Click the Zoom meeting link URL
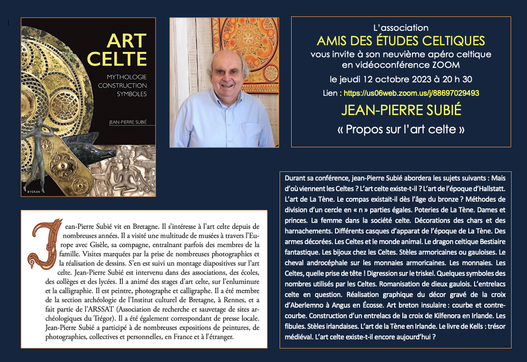pyautogui.click(x=405, y=92)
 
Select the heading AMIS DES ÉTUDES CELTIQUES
pyautogui.click(x=401, y=40)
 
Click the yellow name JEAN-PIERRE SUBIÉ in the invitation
pyautogui.click(x=401, y=110)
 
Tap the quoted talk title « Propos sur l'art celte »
pyautogui.click(x=401, y=129)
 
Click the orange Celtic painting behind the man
pyautogui.click(x=250, y=48)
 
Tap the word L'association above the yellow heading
pyautogui.click(x=401, y=28)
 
